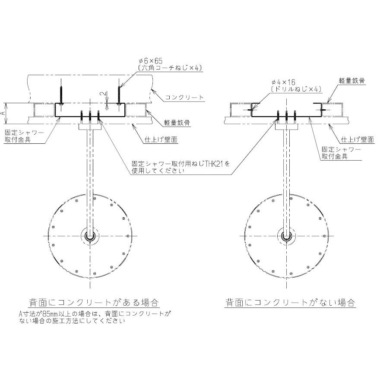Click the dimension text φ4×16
pos(283,82)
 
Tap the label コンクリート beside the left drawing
pos(184,98)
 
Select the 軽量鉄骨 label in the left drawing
pos(177,123)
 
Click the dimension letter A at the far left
pos(4,111)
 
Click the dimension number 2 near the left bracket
pos(100,93)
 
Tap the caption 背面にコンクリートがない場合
pos(290,301)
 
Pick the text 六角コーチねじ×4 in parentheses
pos(169,68)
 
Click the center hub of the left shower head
pos(90,236)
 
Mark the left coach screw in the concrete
pos(62,92)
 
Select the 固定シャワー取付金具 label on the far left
pos(24,137)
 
